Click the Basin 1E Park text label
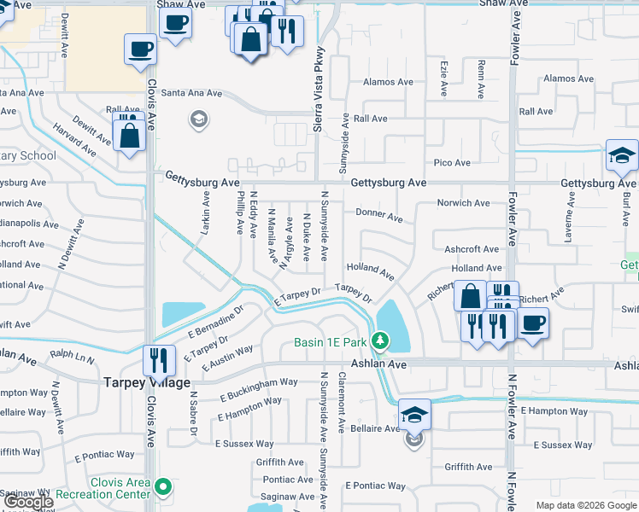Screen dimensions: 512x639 (329, 343)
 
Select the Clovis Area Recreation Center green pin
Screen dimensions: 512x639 (165, 487)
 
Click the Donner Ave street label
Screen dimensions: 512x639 (378, 218)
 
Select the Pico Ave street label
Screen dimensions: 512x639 (452, 163)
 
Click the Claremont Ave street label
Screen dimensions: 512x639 (342, 401)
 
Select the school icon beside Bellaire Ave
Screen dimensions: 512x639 (414, 416)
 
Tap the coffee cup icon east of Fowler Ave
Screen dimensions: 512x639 (534, 323)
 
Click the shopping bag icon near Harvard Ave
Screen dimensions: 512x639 (128, 135)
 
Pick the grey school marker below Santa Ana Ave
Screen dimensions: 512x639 (199, 119)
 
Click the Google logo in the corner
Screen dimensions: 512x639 (27, 502)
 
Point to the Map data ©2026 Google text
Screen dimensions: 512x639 (586, 505)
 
